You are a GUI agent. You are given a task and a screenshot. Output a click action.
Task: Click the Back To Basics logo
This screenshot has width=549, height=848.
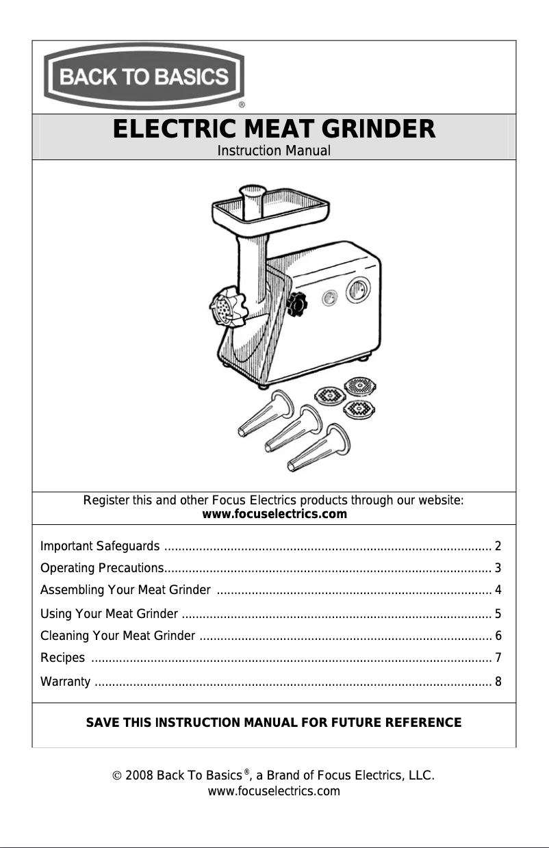145,77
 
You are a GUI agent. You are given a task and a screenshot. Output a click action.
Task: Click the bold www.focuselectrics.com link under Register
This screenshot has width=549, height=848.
274,514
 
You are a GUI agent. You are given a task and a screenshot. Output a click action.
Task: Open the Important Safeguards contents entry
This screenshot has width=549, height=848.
101,546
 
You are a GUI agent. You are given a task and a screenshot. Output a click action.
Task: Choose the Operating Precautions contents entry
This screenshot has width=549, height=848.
101,568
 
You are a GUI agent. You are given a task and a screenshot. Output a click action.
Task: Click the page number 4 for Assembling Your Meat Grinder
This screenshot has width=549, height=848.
498,590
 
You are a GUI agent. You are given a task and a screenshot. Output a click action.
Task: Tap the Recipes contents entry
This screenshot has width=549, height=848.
63,658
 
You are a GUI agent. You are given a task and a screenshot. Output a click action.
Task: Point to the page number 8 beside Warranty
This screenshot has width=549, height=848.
498,682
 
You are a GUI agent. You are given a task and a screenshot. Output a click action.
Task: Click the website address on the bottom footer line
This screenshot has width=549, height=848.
274,792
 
